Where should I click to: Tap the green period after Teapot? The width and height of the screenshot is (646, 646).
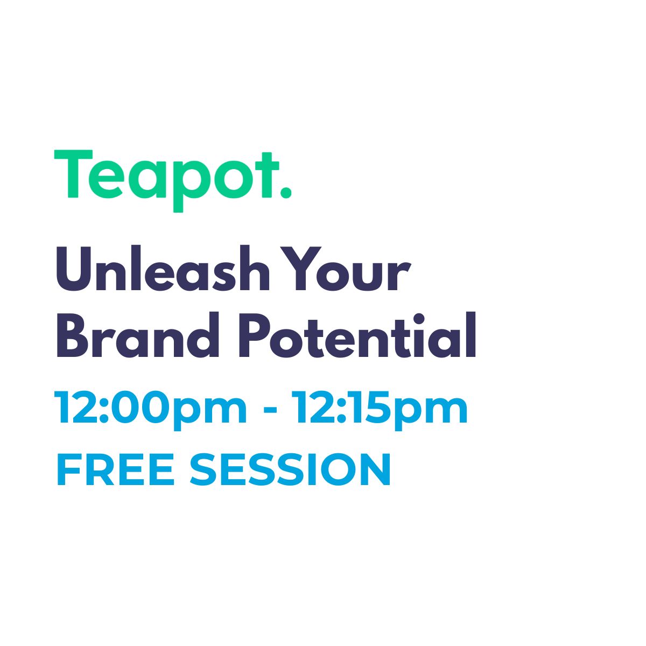(x=286, y=193)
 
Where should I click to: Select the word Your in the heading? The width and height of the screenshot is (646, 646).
(x=352, y=269)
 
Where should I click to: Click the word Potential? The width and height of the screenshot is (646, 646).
(x=357, y=334)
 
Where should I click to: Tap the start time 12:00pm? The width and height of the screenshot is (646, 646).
(x=151, y=411)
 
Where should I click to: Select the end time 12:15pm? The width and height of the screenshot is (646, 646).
(x=381, y=411)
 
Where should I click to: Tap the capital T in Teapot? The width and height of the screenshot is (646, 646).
(x=73, y=174)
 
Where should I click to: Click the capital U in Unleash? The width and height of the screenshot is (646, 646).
(x=73, y=269)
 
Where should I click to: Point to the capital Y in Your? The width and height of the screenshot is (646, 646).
(x=306, y=269)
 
